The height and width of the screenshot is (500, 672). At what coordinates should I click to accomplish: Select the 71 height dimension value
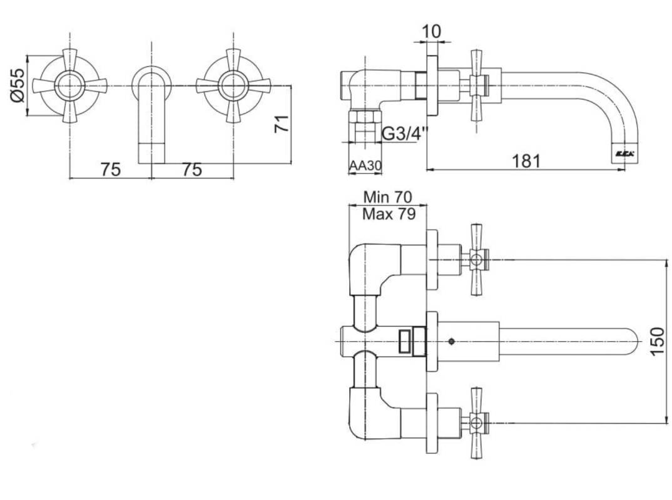pos(282,123)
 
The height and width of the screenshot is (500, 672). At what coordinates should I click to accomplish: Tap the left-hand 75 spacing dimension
pos(111,170)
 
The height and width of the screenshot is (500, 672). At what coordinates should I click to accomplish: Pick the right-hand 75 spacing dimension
pos(192,170)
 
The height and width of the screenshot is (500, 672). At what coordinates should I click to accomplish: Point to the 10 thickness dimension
pos(432,31)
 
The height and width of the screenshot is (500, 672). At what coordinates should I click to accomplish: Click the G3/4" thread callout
pos(405,134)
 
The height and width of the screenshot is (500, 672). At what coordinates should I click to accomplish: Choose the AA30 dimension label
pos(365,166)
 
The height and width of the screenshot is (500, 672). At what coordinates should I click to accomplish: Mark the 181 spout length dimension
pos(526,161)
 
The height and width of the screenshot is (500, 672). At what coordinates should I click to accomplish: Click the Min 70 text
pos(387,198)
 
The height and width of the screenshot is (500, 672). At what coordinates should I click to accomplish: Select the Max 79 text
pos(389,214)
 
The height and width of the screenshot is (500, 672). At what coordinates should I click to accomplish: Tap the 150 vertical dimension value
pos(658,341)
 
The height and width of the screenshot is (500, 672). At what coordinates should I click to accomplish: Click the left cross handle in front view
pos(69,86)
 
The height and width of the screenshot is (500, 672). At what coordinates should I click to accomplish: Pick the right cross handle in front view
pos(233,86)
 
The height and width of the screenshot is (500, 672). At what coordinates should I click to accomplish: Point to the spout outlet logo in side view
pos(626,153)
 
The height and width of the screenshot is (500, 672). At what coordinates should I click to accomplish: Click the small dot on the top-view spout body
pos(451,342)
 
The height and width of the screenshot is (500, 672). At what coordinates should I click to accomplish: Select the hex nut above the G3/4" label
pos(365,116)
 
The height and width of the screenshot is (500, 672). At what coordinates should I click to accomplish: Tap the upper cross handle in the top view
pos(476,259)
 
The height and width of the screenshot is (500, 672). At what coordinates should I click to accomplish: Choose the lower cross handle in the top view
pos(476,423)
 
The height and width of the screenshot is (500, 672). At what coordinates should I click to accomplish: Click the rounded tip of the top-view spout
pos(635,342)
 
